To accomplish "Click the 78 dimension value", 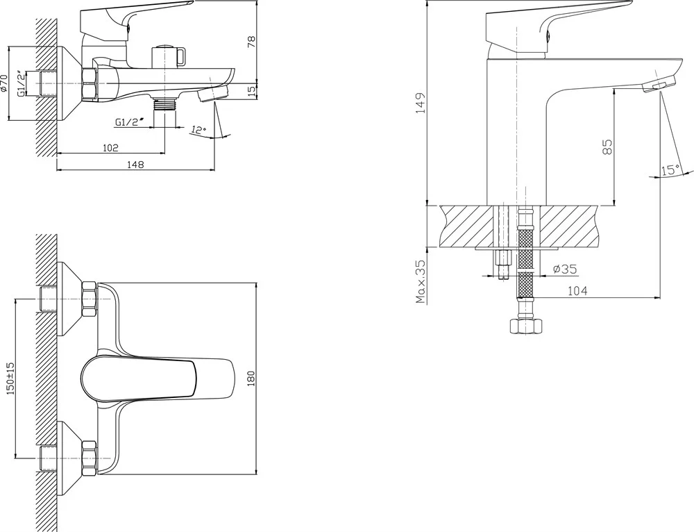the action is click(x=251, y=42).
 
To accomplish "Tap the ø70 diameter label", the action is click(x=4, y=83).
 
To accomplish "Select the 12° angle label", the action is click(x=198, y=130).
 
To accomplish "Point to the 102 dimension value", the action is click(x=110, y=147).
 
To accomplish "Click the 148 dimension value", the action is click(x=135, y=165).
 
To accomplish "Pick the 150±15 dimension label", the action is click(x=10, y=379).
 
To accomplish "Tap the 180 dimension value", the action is click(x=251, y=379).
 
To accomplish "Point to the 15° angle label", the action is click(x=670, y=169).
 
